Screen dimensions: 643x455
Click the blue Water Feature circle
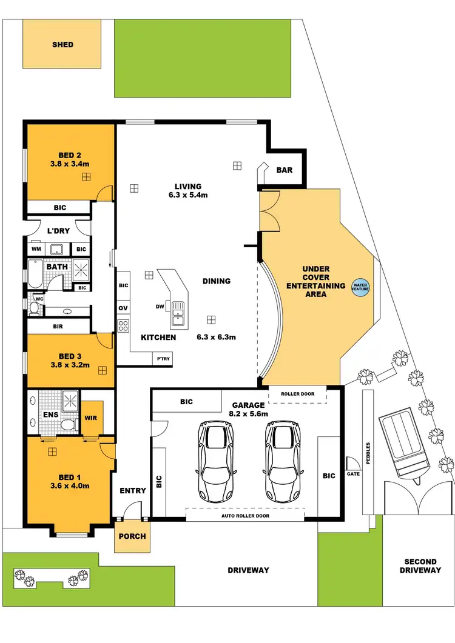(360, 287)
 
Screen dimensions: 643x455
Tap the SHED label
(62, 44)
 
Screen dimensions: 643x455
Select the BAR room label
(285, 170)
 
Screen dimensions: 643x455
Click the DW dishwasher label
(160, 307)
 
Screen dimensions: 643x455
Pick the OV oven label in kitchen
(123, 308)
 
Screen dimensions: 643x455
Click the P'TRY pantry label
(163, 359)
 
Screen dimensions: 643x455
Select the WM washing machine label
(35, 249)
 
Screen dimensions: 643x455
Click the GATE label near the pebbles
(353, 475)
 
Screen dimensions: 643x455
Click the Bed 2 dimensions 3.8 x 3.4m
(70, 164)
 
